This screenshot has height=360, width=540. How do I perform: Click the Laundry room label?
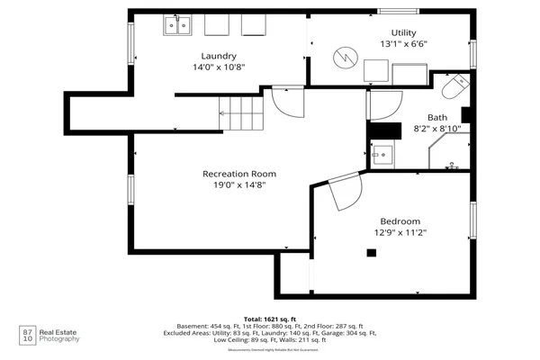[x=219, y=55]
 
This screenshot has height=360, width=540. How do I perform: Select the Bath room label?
[x=436, y=117]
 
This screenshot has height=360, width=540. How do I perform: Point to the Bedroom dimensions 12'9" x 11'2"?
[x=400, y=232]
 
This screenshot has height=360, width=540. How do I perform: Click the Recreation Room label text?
[x=238, y=173]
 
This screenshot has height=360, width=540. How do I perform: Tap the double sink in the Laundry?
[x=179, y=26]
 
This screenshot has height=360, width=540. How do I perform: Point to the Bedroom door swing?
[x=344, y=192]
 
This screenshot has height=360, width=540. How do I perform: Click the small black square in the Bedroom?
[x=370, y=253]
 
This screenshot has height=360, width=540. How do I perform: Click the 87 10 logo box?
[x=27, y=336]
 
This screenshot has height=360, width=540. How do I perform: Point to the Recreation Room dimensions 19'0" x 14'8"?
[x=238, y=184]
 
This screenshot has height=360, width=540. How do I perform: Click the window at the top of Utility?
[x=398, y=11]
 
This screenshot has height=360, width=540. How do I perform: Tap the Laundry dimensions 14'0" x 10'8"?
[x=219, y=67]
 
